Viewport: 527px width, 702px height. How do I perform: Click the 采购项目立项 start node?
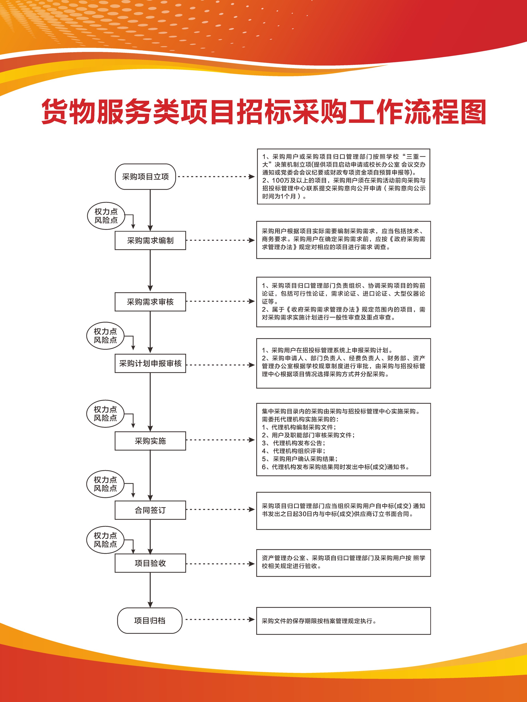click(145, 177)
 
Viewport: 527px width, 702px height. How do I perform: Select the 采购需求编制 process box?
click(150, 241)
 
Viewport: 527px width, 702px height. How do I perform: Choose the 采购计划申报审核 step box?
click(150, 363)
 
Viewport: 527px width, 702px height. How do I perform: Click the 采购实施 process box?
click(150, 441)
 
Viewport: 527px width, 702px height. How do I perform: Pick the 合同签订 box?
click(150, 510)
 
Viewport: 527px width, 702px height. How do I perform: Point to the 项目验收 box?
click(150, 563)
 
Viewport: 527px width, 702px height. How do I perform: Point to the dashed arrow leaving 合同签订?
click(220, 509)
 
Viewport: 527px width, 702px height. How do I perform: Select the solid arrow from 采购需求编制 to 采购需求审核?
click(150, 270)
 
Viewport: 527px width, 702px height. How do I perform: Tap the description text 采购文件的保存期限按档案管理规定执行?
click(319, 621)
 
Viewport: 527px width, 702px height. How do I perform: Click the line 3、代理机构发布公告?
click(294, 443)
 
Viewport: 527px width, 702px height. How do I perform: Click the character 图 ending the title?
click(473, 111)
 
